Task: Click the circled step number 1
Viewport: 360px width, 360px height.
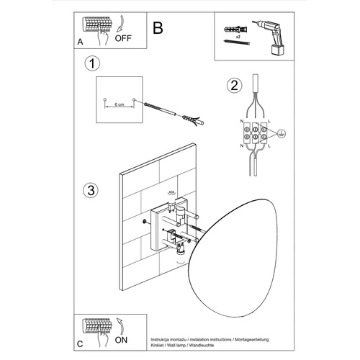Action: point(91,66)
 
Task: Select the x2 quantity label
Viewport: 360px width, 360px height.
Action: point(238,35)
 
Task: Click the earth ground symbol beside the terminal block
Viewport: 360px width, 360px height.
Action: point(282,133)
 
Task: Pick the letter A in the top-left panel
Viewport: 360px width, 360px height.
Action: point(80,42)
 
